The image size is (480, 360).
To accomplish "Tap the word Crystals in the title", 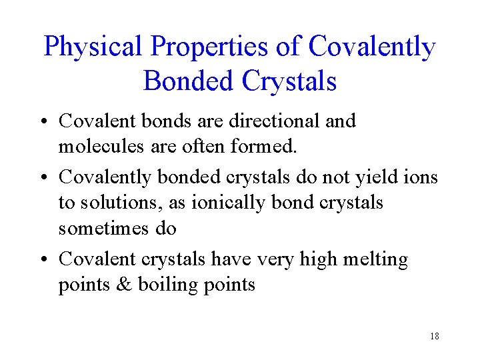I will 289,81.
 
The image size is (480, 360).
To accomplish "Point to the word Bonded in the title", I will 189,81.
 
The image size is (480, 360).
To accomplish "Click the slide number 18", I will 434,336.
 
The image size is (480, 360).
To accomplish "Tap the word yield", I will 377,177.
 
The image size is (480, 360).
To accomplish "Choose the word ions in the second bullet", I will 423,177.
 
